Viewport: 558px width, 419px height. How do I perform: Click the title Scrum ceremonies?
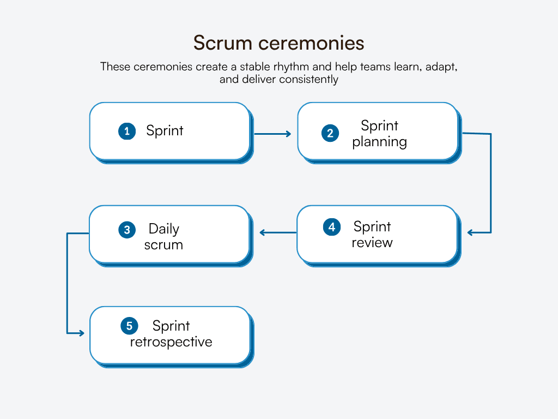[x=278, y=43]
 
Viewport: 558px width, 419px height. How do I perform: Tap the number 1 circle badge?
[x=127, y=131]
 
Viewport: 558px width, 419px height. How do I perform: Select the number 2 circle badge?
[x=330, y=133]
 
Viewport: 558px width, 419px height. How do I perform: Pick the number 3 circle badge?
[x=127, y=230]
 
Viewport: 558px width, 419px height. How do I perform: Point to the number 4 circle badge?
[x=331, y=227]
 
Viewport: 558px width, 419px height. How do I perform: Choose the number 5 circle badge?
[x=129, y=326]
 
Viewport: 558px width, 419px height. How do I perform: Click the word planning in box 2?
[x=379, y=142]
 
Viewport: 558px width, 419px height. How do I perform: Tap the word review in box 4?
[x=372, y=243]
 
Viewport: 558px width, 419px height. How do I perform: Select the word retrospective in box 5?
[x=171, y=342]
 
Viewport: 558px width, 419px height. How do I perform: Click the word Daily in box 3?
[x=163, y=229]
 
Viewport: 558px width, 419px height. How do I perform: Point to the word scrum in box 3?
[x=163, y=245]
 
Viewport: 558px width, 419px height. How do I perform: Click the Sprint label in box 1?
[x=165, y=131]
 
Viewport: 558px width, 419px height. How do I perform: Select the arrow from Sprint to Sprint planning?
[x=272, y=133]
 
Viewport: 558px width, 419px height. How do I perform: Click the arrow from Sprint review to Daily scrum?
[x=278, y=232]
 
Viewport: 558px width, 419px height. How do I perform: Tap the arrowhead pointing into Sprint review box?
[x=471, y=233]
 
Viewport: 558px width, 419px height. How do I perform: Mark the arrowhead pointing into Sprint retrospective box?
[x=81, y=333]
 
